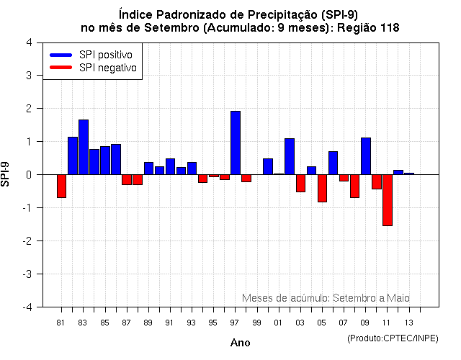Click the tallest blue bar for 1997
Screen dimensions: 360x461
point(236,143)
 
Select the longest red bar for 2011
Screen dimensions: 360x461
point(388,200)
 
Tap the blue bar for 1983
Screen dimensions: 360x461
point(84,147)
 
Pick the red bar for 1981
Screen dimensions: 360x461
point(62,186)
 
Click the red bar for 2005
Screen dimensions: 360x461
point(322,188)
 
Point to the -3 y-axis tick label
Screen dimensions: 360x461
point(27,274)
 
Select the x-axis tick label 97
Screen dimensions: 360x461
point(235,322)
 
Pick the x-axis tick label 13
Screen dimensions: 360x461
point(408,322)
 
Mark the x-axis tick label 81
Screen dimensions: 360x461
point(61,322)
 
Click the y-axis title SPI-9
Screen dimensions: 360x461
point(6,174)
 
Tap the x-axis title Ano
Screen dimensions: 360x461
point(240,343)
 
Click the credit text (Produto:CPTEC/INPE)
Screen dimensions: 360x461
point(393,338)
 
